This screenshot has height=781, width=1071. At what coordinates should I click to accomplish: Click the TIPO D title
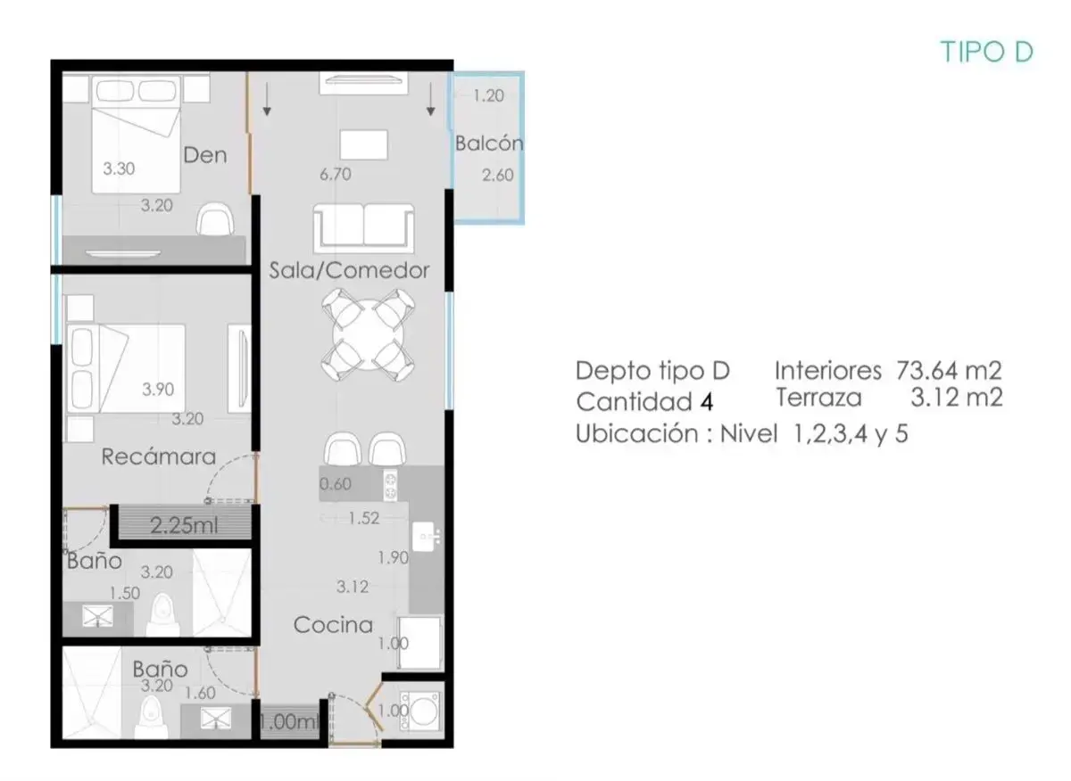click(x=986, y=52)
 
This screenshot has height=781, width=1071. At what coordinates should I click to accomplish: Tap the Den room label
click(x=205, y=155)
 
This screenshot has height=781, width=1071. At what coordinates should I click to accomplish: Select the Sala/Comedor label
click(x=349, y=270)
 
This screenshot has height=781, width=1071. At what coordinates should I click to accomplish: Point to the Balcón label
click(x=489, y=144)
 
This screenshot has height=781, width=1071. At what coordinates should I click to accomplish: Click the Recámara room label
click(x=159, y=456)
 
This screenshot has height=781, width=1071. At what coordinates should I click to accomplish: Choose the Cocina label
click(x=333, y=625)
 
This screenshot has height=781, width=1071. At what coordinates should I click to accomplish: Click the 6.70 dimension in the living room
click(x=336, y=175)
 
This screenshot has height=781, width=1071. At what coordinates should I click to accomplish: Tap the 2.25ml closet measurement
click(x=184, y=526)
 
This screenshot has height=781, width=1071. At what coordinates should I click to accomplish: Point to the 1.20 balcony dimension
click(x=488, y=96)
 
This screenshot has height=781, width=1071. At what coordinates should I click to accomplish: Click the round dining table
click(x=368, y=334)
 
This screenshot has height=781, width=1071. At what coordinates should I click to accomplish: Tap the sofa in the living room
click(x=364, y=228)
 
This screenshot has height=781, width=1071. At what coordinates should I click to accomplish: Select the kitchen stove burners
click(x=390, y=485)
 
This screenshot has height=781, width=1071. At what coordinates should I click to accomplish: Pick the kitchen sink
click(x=424, y=537)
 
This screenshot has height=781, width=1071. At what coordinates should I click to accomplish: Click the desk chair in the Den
click(x=216, y=219)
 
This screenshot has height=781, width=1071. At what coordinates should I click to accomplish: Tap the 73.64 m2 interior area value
click(x=949, y=370)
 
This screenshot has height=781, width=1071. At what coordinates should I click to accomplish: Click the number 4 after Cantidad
click(x=707, y=402)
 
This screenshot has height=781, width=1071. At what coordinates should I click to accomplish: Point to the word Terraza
click(x=818, y=398)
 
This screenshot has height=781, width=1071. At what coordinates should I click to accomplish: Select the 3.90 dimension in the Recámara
click(x=158, y=390)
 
